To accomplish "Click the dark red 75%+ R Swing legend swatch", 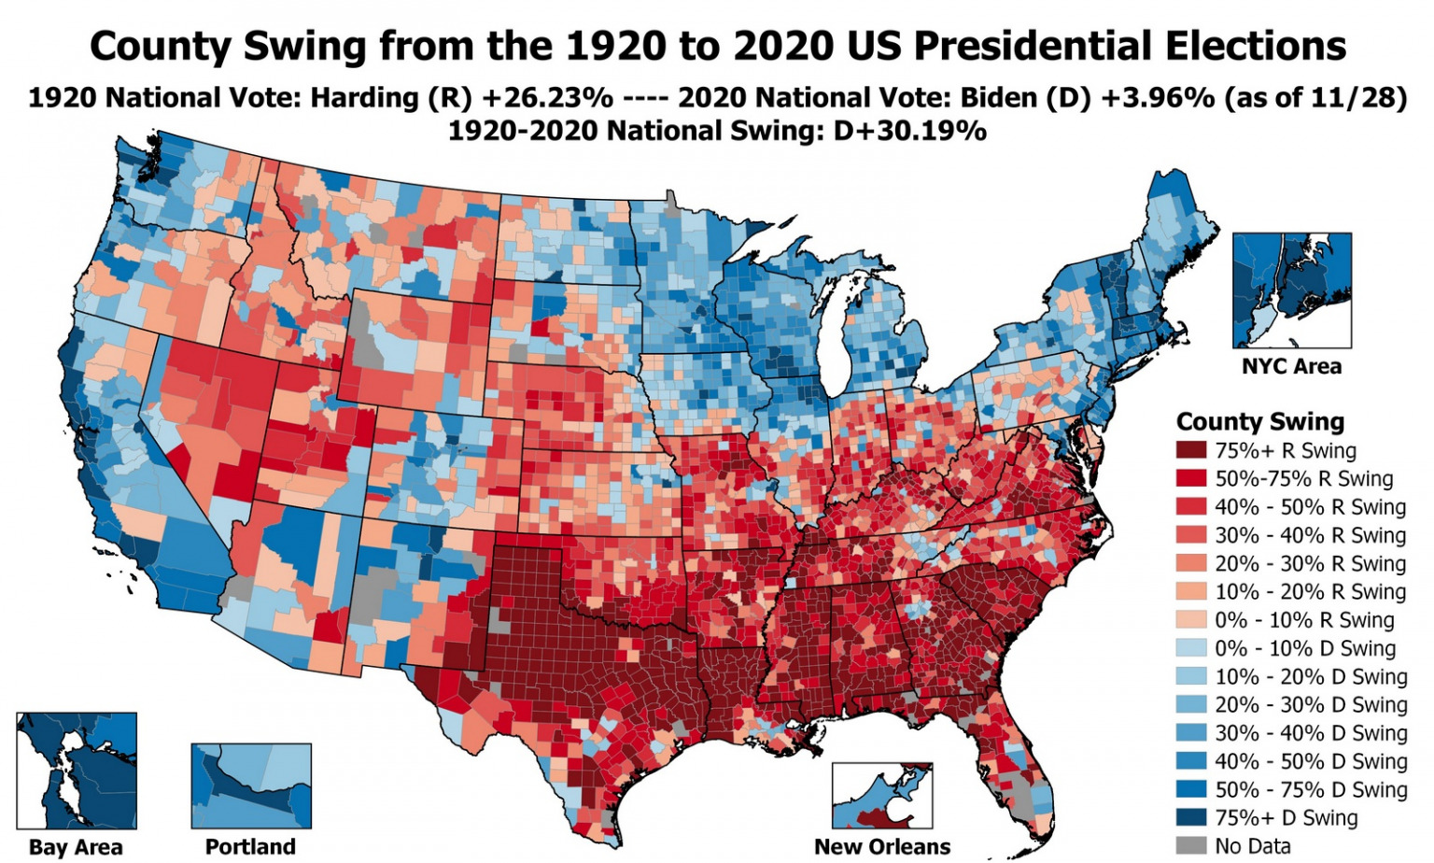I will coord(1191,451).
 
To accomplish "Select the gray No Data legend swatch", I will coord(1191,845).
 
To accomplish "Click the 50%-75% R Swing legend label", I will coord(1303,479).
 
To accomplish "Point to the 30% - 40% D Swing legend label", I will coord(1311,733).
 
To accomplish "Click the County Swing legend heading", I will coord(1259,421).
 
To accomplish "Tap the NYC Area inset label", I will coord(1291,366).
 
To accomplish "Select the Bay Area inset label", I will coord(76,847).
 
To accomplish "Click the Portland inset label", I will coord(250,847).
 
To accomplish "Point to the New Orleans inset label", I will coord(882,847).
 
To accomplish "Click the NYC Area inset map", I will coord(1291,290).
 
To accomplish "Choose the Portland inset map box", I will coord(250,785).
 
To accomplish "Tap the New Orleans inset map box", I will coord(882,796).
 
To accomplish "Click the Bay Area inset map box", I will coord(77,771).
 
